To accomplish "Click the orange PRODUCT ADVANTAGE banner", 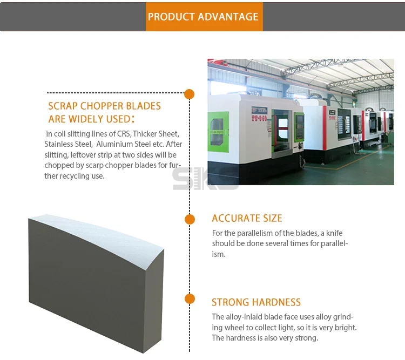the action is (x=204, y=17).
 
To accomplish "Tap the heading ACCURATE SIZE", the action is (x=247, y=219).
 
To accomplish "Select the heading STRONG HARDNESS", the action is (x=256, y=302).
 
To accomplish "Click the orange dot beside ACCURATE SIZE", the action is (x=190, y=219).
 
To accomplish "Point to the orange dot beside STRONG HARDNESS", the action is (x=190, y=299).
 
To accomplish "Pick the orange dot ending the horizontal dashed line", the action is (x=190, y=94).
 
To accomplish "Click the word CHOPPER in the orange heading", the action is (x=98, y=106).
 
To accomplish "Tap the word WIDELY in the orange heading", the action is (x=84, y=119).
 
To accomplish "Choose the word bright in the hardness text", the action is (x=346, y=328).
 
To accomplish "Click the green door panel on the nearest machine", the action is (x=218, y=132).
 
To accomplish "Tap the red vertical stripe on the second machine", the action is (x=325, y=128).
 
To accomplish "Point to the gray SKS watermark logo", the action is (x=205, y=179).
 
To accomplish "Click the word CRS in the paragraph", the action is (x=124, y=134).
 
